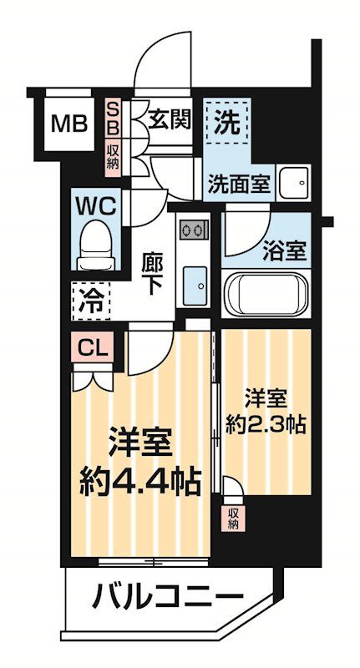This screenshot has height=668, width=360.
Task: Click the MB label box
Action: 69,125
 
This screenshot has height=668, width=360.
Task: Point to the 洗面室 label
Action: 239,185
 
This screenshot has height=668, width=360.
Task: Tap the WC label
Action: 99,205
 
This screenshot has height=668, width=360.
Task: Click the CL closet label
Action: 93,347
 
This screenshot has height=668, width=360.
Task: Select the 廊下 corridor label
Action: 152,271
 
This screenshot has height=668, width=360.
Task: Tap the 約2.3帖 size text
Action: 265,423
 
